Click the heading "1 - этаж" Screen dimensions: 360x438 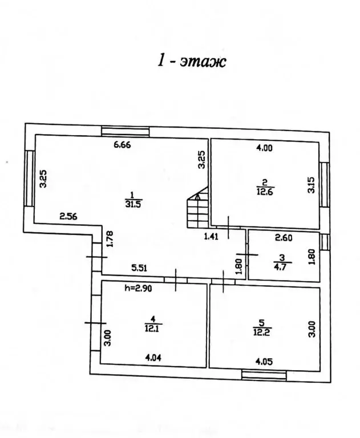(x=192, y=61)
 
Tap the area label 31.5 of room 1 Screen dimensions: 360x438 (x=134, y=204)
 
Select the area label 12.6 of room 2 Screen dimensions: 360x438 (x=265, y=192)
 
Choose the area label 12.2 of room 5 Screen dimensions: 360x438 (x=262, y=332)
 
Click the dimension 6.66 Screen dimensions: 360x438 (x=123, y=145)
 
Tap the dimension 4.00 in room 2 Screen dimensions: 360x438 (x=264, y=148)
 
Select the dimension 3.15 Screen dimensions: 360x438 (x=311, y=185)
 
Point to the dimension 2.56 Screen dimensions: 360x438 (x=68, y=216)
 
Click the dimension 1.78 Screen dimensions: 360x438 (x=110, y=238)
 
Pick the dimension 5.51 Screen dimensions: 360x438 (x=139, y=268)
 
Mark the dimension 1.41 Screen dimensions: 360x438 (x=211, y=237)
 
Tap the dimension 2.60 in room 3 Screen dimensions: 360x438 (x=284, y=238)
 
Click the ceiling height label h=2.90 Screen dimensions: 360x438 (x=138, y=288)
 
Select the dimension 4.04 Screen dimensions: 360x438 (x=153, y=358)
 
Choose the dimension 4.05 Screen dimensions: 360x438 (x=264, y=362)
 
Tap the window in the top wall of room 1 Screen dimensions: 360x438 (x=125, y=131)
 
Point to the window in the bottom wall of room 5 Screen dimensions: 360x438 (x=264, y=375)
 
